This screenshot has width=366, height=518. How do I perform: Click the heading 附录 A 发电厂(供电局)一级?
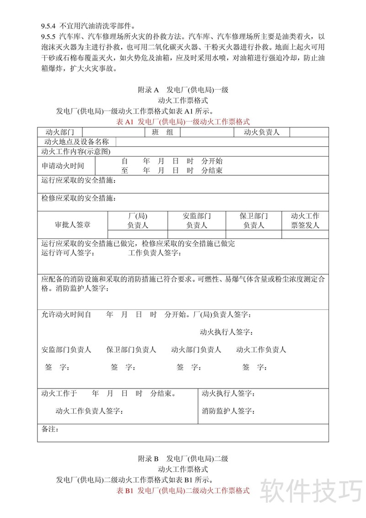183,90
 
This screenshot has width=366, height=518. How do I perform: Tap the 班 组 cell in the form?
162,132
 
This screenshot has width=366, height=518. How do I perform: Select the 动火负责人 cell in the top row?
261,132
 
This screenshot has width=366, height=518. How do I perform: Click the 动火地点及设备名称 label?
76,142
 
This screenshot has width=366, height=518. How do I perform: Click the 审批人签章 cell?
72,225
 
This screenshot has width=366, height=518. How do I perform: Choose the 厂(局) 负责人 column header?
138,221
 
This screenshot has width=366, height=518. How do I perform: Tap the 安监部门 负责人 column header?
197,221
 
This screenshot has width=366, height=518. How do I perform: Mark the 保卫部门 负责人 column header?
253,221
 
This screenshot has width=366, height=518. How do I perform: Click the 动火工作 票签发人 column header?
305,221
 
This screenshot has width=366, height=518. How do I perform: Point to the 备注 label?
50,429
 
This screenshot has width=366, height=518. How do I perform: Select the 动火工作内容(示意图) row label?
75,151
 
